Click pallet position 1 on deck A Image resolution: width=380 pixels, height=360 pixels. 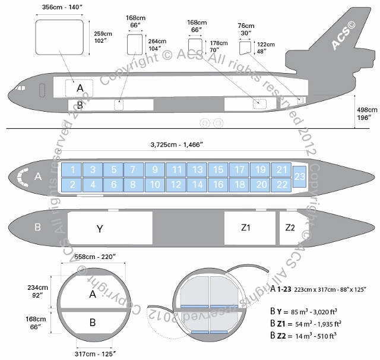(72, 170)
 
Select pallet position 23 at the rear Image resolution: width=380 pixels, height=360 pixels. (300, 177)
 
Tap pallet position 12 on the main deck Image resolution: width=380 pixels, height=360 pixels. (176, 185)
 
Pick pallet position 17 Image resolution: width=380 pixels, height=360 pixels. (239, 170)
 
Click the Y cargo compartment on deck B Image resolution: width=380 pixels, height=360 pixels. (100, 228)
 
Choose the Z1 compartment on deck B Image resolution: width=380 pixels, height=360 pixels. (246, 228)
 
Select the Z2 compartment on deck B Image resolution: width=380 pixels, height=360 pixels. (290, 228)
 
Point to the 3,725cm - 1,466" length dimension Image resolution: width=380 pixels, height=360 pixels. (183, 145)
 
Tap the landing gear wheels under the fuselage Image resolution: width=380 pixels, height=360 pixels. (211, 123)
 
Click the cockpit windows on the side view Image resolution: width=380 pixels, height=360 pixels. (21, 89)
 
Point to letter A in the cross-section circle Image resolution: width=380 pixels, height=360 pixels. (92, 293)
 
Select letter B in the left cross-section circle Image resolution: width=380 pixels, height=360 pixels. (92, 323)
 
